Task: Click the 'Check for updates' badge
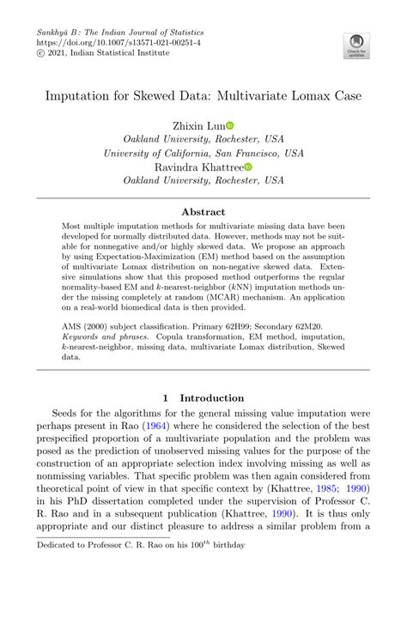click(x=355, y=45)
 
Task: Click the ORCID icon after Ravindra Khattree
click(x=248, y=167)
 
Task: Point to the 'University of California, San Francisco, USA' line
click(x=203, y=153)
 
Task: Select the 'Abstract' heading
click(x=203, y=212)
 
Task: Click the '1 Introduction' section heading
click(x=203, y=397)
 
